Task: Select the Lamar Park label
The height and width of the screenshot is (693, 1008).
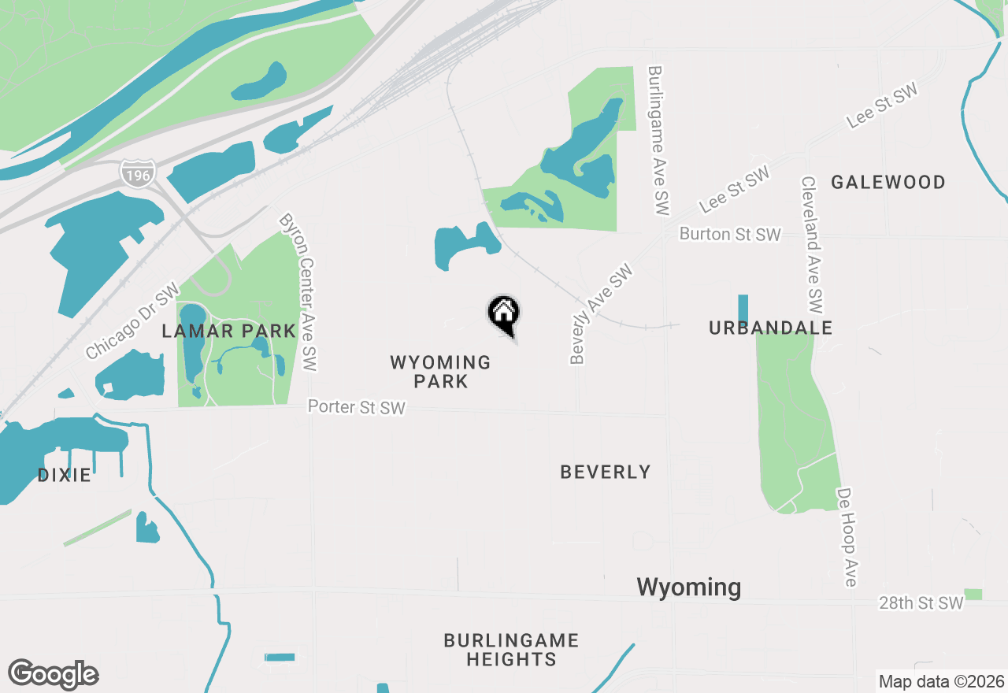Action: click(228, 331)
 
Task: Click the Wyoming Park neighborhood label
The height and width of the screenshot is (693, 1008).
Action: click(441, 372)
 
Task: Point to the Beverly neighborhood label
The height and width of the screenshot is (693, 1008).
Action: click(606, 472)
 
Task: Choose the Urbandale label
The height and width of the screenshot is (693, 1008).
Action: click(770, 328)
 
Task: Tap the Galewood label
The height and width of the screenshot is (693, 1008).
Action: click(888, 182)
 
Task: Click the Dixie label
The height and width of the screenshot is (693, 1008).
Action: click(65, 475)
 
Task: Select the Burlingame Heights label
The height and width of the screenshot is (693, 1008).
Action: click(511, 650)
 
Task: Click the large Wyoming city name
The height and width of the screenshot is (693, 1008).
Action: click(688, 587)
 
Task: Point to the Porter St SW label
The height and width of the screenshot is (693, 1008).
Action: click(357, 407)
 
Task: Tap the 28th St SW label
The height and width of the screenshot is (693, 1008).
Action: click(921, 603)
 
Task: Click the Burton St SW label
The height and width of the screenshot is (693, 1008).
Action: click(730, 235)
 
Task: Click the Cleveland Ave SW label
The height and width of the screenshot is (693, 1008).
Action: click(812, 244)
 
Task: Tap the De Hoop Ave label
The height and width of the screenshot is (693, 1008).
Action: click(847, 537)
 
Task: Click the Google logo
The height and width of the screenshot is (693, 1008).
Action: click(53, 675)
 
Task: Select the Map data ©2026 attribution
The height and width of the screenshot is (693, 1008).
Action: click(941, 681)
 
